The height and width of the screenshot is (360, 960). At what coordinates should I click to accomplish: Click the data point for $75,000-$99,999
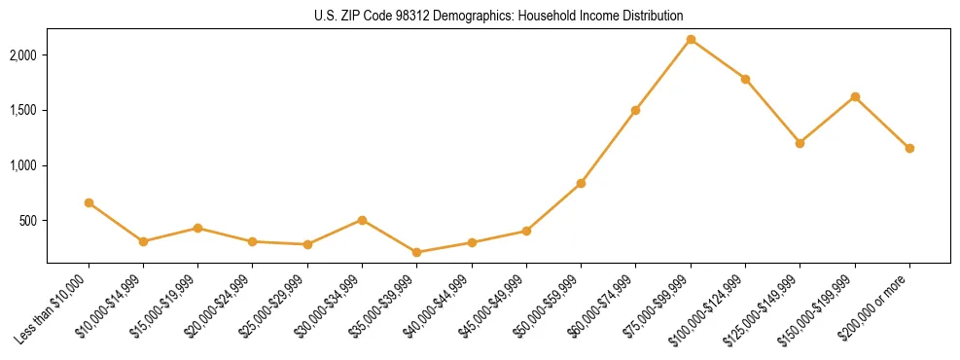click(691, 40)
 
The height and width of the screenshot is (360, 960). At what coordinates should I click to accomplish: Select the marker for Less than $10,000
click(89, 202)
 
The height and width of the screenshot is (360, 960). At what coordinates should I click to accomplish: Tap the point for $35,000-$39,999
click(417, 252)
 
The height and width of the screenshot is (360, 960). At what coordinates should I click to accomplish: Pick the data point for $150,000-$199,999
click(855, 96)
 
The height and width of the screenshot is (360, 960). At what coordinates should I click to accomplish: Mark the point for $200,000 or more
click(909, 148)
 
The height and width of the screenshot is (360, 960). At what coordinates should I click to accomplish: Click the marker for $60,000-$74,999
click(635, 110)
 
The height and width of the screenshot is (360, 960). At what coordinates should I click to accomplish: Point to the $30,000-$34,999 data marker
click(362, 220)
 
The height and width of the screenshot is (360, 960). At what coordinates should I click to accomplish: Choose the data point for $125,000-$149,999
click(800, 143)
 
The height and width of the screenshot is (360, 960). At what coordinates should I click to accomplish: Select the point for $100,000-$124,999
click(745, 79)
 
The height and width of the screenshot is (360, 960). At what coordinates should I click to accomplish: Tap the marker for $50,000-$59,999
click(581, 183)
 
